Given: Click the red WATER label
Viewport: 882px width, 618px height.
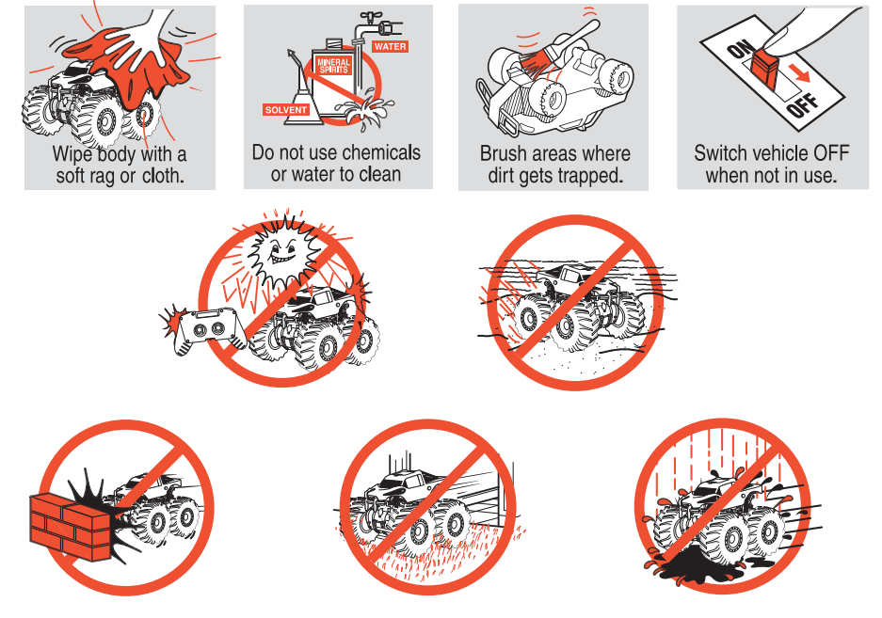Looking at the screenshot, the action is (x=390, y=47).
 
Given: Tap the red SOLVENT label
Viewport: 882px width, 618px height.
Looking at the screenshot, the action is (x=286, y=110).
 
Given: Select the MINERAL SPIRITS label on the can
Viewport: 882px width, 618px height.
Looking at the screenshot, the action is (x=333, y=65).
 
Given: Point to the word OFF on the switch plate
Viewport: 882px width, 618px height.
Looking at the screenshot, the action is (x=803, y=103).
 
